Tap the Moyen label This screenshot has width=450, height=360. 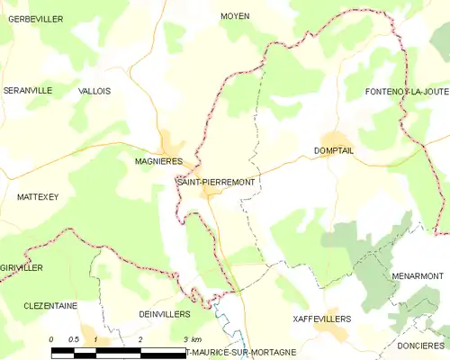(x=235, y=16)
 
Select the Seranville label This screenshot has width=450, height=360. (x=27, y=91)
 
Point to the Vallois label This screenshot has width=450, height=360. (x=94, y=91)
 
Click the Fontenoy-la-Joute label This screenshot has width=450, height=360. (x=407, y=92)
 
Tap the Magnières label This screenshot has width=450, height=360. (x=158, y=161)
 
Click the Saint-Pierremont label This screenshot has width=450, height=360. (x=216, y=182)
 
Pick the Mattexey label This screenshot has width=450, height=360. (x=37, y=196)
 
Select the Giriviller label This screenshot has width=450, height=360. (x=22, y=267)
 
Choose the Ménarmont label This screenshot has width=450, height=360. (x=417, y=274)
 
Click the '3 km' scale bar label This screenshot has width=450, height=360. (x=191, y=339)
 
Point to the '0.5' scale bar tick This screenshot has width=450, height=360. (x=74, y=339)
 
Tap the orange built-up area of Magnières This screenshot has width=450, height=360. (x=171, y=144)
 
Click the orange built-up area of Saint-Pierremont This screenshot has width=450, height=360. (x=211, y=193)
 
